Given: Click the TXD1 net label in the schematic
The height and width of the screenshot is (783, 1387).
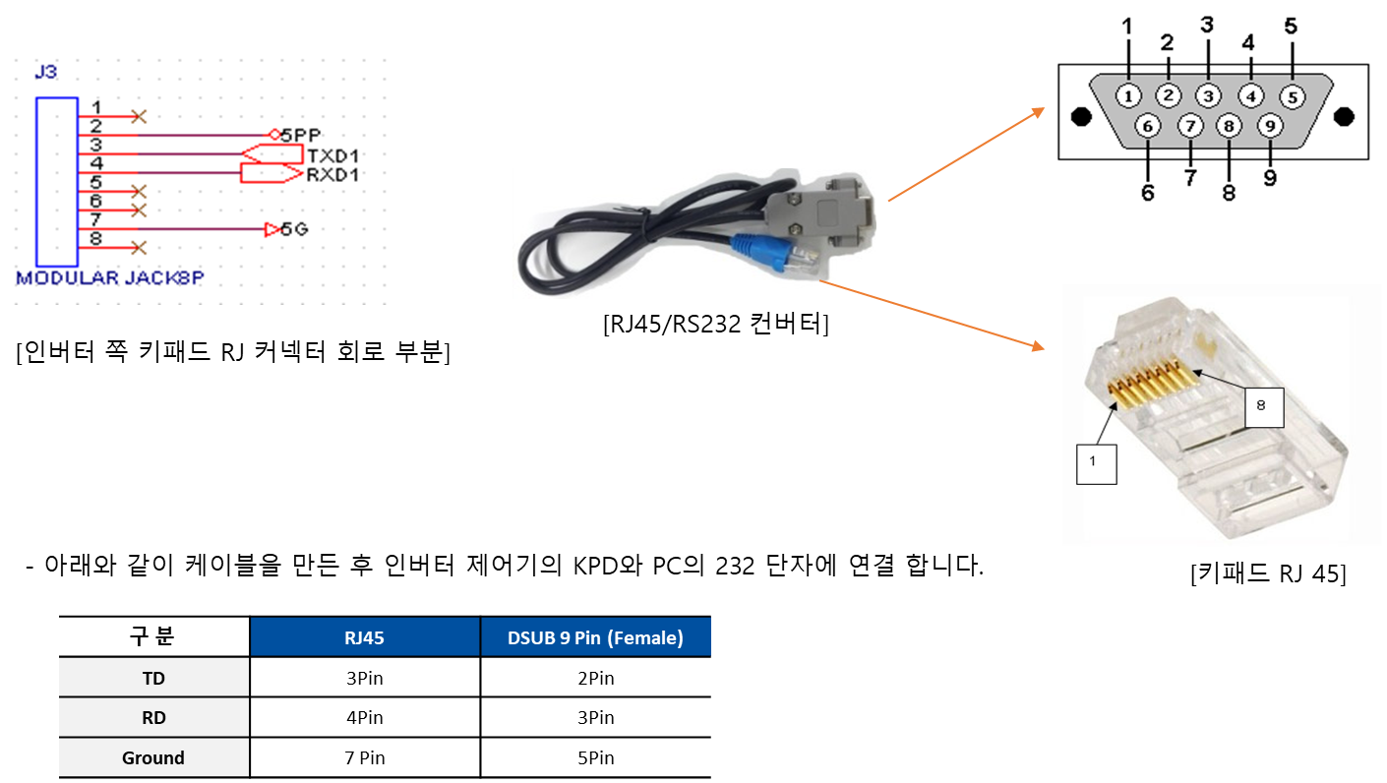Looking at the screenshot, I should [332, 156].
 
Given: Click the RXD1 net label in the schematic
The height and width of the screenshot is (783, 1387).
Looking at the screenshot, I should [332, 175].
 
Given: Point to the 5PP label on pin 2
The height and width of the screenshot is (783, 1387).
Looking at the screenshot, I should [301, 135].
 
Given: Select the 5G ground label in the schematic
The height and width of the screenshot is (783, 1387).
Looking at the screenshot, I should [294, 229].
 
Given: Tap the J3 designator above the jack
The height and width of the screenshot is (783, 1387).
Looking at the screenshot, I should [45, 73].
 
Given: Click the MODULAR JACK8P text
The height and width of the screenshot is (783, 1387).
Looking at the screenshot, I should [109, 278].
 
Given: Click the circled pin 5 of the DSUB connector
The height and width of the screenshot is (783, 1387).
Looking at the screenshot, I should [1292, 96].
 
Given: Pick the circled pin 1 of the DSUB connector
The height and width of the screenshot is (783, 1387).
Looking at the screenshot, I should [1128, 95].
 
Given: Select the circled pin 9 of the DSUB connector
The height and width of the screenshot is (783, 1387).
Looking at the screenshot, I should [1270, 126].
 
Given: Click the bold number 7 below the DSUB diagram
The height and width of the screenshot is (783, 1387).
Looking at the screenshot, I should [1190, 177].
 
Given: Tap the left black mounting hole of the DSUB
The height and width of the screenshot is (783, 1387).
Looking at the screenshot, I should [1081, 117].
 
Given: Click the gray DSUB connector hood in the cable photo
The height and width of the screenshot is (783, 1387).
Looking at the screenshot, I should [826, 209].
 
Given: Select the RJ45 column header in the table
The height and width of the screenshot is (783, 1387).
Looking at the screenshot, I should [364, 637].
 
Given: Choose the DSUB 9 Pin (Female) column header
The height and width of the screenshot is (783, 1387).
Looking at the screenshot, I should [595, 637].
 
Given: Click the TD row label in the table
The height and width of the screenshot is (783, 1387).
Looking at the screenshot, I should [153, 679].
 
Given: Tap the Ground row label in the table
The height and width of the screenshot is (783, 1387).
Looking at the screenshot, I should [153, 758].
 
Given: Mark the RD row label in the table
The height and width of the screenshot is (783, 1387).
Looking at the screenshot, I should [153, 718].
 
